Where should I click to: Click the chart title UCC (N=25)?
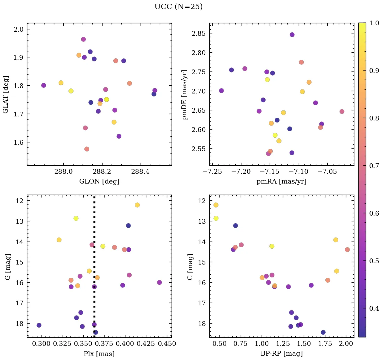click(178, 7)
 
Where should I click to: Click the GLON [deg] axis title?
click(99, 182)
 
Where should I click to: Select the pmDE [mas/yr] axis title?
click(184, 95)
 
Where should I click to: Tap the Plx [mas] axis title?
click(99, 354)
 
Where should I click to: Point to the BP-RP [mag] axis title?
click(282, 354)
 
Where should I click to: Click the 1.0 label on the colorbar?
click(374, 23)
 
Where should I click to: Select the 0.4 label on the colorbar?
click(374, 309)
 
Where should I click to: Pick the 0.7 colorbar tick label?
click(374, 166)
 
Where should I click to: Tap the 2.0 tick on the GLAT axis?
click(19, 29)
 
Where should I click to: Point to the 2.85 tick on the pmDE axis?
click(199, 33)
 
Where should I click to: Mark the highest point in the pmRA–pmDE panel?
click(292, 35)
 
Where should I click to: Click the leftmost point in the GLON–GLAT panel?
click(43, 85)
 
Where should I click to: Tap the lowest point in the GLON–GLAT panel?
click(87, 149)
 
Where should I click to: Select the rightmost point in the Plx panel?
click(159, 282)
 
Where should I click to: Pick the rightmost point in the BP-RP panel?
click(347, 250)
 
